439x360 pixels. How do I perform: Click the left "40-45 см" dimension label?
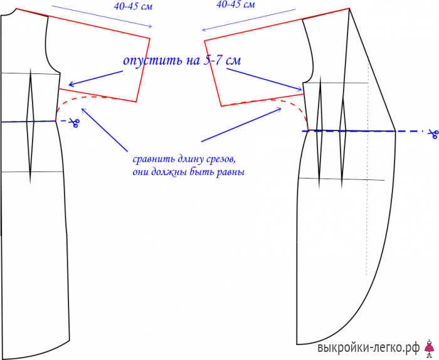point(133,6)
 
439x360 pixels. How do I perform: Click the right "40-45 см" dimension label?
point(235,4)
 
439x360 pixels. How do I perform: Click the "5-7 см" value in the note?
point(222,60)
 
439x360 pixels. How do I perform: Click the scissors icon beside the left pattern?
point(75,122)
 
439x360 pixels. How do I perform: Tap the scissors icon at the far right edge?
point(433,134)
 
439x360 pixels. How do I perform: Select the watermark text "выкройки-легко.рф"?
point(369,348)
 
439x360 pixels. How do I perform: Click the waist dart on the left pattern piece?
point(30,126)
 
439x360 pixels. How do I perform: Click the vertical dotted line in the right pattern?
point(367,168)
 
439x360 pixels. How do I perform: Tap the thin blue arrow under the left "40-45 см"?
point(102,16)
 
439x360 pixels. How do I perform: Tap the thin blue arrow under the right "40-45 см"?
point(248,19)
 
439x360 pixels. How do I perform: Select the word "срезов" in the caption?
point(219,160)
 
